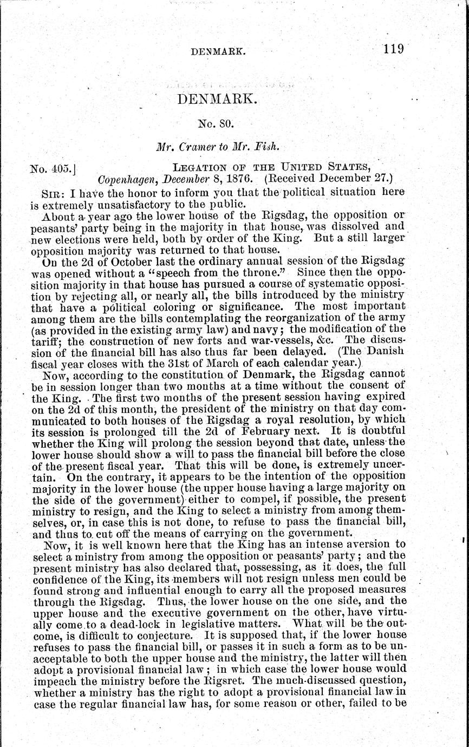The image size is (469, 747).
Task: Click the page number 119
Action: tap(393, 49)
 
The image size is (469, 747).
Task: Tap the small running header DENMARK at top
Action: tap(219, 52)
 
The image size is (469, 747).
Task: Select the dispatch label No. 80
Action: tap(216, 123)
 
